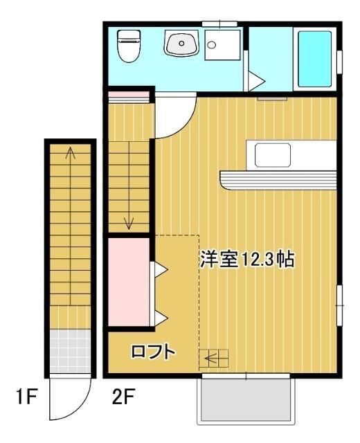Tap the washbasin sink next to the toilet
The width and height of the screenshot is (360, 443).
[181, 44]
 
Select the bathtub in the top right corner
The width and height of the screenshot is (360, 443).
[315, 58]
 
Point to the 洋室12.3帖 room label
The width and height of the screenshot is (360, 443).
[247, 260]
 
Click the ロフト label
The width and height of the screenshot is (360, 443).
[153, 352]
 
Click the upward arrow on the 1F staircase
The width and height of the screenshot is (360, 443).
[69, 154]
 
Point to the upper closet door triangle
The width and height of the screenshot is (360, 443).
[159, 269]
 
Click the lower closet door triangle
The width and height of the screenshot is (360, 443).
[159, 318]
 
